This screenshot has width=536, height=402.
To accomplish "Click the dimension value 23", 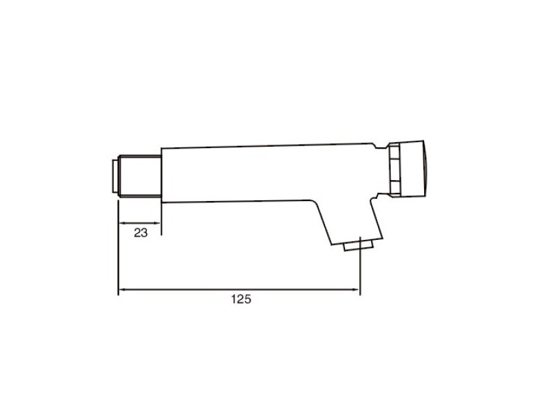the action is tap(141, 233).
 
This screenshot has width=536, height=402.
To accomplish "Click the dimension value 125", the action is tap(241, 299).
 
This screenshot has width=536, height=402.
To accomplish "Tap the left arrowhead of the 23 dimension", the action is tap(121, 223).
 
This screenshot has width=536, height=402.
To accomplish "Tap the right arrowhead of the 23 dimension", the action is tap(157, 223).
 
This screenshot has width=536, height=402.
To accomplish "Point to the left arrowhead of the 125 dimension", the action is tap(121, 290).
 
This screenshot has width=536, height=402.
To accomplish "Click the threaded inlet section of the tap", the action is tap(141, 176).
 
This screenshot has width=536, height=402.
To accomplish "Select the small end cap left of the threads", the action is tap(116, 176).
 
